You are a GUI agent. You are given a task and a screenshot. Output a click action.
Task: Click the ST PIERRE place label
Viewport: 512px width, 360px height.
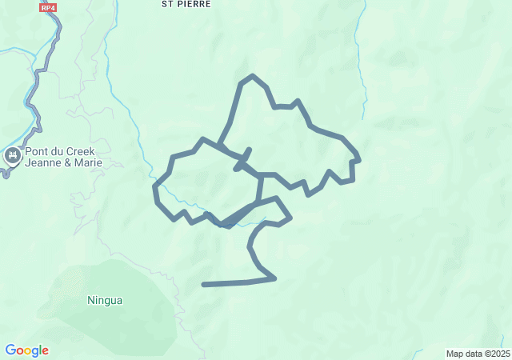186,4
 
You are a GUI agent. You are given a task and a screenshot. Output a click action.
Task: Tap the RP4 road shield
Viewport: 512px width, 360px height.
49,7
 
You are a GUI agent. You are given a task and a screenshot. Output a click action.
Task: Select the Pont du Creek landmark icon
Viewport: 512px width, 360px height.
12,155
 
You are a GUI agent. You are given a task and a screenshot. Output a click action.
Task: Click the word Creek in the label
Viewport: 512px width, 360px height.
85,150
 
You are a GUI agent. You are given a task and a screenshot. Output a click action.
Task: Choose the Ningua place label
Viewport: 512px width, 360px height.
105,301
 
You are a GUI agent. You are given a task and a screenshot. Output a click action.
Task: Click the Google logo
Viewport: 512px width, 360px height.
26,350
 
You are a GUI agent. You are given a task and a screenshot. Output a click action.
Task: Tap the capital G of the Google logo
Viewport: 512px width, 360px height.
10,350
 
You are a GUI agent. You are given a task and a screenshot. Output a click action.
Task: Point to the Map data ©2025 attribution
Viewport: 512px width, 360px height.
477,354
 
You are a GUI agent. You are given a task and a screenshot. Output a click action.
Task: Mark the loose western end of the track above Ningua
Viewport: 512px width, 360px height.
205,284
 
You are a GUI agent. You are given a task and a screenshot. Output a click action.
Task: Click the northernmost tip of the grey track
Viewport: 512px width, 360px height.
253,76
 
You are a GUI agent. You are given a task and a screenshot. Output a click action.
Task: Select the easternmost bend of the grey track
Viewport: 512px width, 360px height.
359,160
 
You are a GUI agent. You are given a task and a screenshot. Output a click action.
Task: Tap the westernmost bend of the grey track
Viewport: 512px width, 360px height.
155,187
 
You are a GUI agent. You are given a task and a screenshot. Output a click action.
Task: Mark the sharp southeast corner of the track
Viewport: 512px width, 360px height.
275,278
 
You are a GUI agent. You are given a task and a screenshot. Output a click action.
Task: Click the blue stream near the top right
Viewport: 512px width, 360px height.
364,80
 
